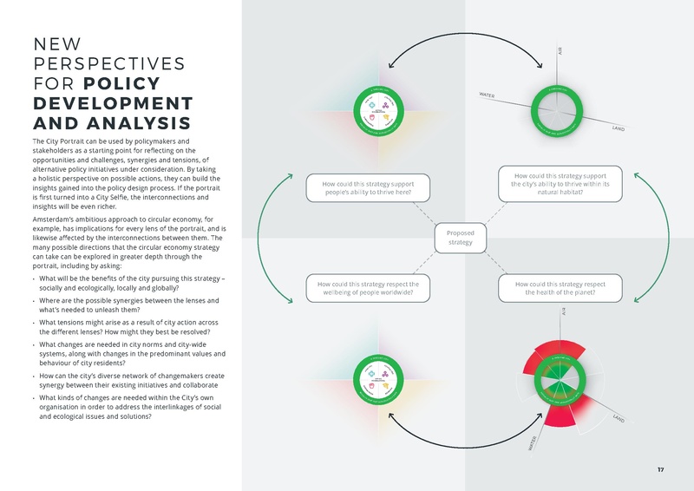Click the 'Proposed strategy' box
[460, 238]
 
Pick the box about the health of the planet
[560, 288]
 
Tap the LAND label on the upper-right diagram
[618, 128]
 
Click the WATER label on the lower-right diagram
[532, 444]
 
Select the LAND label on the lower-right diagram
[619, 420]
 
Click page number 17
[660, 469]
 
